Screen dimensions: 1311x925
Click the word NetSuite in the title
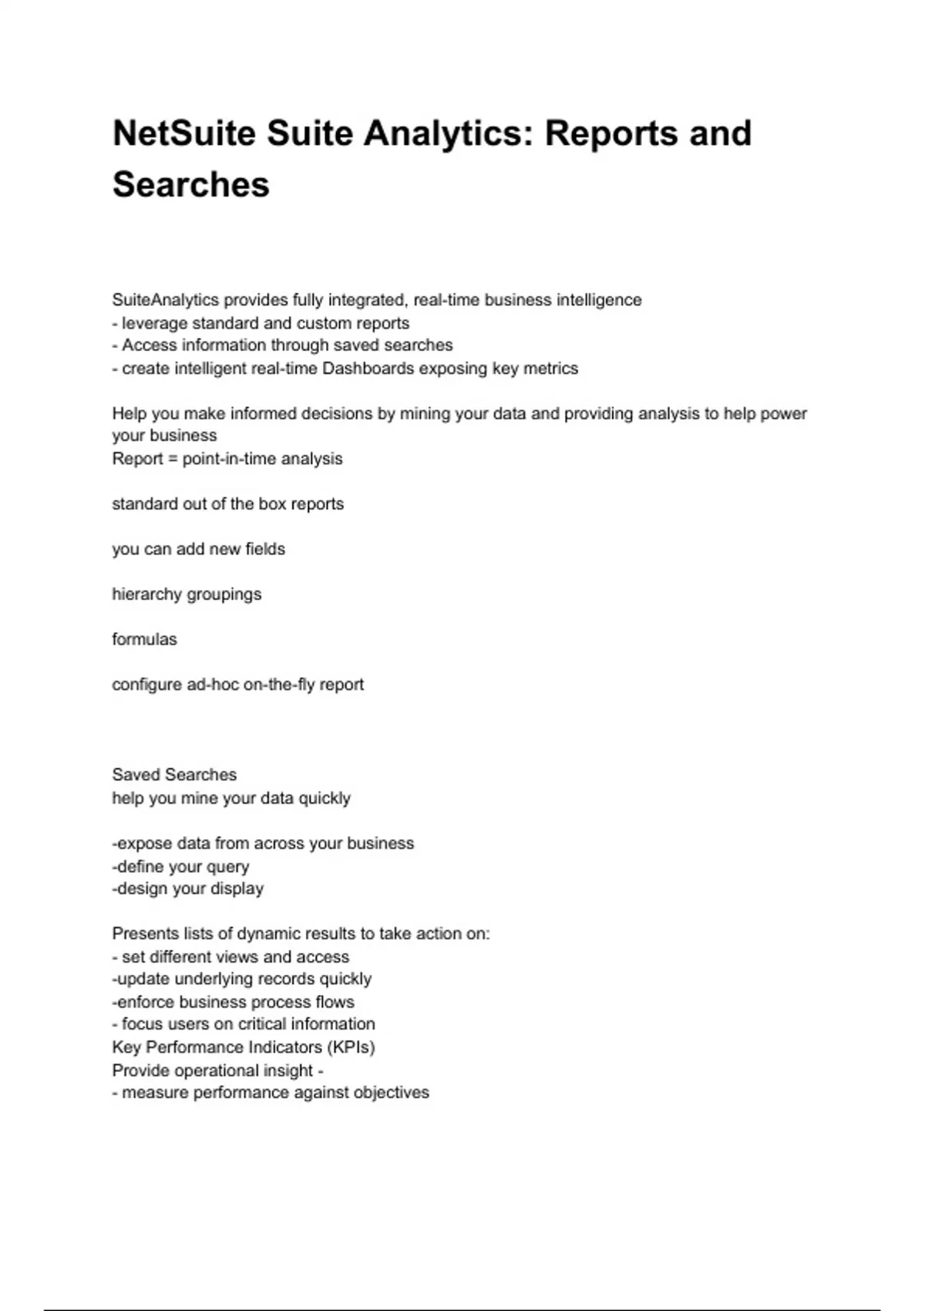183,133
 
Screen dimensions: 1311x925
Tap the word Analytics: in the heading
449,133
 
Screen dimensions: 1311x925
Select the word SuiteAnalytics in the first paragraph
165,300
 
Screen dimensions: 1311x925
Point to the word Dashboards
368,369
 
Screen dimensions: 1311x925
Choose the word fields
264,549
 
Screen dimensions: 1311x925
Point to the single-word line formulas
144,639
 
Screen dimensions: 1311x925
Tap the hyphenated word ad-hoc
213,685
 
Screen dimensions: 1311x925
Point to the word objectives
391,1093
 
